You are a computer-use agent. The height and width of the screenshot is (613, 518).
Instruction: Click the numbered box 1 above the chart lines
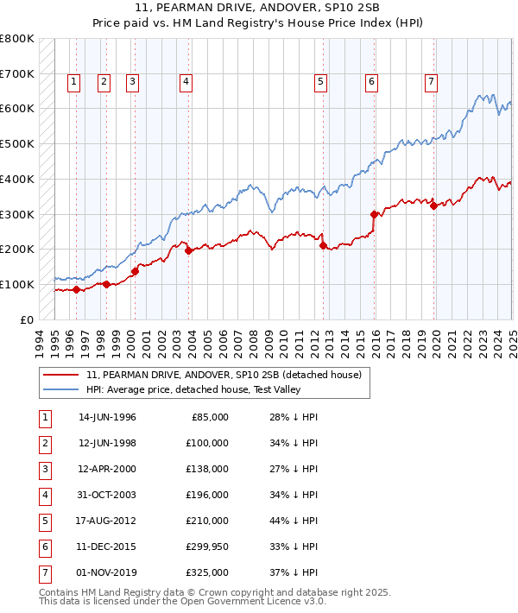(x=73, y=82)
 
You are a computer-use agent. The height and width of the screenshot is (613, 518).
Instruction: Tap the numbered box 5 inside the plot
(x=320, y=82)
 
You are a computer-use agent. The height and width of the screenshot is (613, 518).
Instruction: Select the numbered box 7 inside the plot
(x=431, y=82)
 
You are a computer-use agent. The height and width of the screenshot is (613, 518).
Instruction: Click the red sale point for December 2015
(x=374, y=214)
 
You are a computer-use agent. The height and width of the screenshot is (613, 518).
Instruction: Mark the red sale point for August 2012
(x=323, y=245)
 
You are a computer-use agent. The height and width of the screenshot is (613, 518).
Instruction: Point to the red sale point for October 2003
(x=189, y=250)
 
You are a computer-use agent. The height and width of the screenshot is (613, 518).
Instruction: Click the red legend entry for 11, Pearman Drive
(x=228, y=374)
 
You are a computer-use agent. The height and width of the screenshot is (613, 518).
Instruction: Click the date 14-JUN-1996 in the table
(x=107, y=417)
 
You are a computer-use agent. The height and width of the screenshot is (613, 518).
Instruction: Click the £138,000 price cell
(x=208, y=469)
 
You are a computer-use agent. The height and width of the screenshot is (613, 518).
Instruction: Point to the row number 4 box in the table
(x=43, y=495)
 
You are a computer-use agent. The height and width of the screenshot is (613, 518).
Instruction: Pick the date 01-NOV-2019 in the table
(x=107, y=572)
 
